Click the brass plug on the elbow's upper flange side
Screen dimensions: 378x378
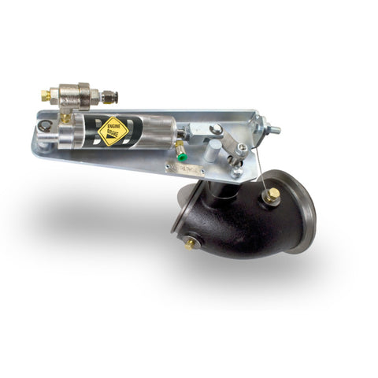[x=272, y=195]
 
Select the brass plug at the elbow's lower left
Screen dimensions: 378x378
[x=191, y=243]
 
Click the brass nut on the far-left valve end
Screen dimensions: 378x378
[x=46, y=96]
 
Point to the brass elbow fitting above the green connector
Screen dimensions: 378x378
[x=180, y=146]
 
